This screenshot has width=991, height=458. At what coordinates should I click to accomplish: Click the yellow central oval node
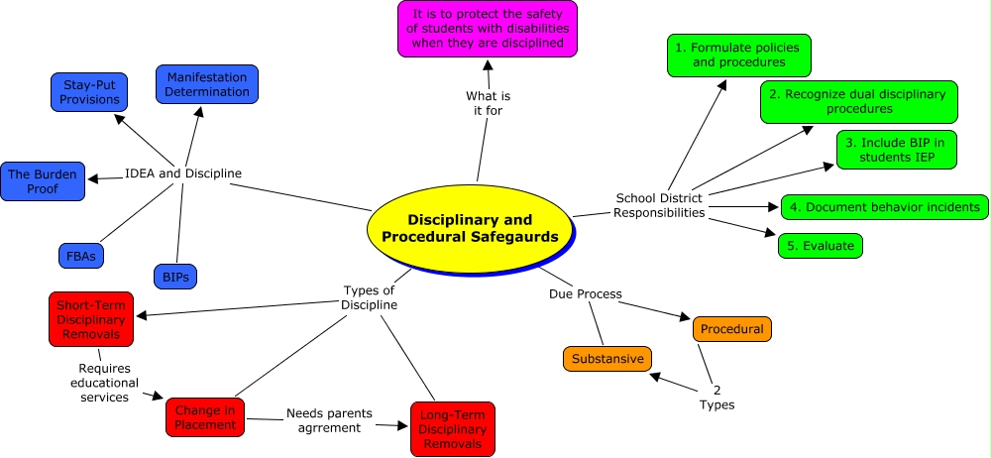tap(470, 228)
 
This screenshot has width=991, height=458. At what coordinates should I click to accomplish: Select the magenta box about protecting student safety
tap(488, 29)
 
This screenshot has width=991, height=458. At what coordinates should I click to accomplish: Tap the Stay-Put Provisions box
tap(89, 91)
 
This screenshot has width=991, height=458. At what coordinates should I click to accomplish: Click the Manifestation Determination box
tap(207, 84)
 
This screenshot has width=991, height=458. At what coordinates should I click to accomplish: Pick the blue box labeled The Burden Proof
tap(43, 180)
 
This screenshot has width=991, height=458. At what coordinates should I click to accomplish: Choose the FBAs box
tap(81, 255)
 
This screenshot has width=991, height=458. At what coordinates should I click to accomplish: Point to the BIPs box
tap(175, 275)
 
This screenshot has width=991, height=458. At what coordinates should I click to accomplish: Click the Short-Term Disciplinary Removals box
tap(90, 318)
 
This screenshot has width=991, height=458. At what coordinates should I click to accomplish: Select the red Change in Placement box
tap(205, 417)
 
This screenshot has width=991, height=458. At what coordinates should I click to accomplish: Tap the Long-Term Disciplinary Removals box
tap(452, 428)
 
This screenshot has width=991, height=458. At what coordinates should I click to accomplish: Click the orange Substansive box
tap(606, 358)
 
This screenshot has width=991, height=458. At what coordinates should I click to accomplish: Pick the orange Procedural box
tap(731, 328)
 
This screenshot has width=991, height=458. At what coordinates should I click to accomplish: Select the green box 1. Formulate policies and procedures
tap(738, 55)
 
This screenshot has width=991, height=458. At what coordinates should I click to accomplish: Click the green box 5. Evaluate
tap(820, 245)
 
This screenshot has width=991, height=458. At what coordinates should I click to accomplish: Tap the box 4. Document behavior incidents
tap(884, 206)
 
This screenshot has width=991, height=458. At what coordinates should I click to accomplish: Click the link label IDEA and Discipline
tap(183, 173)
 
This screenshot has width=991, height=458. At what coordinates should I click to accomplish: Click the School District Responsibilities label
tap(660, 204)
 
